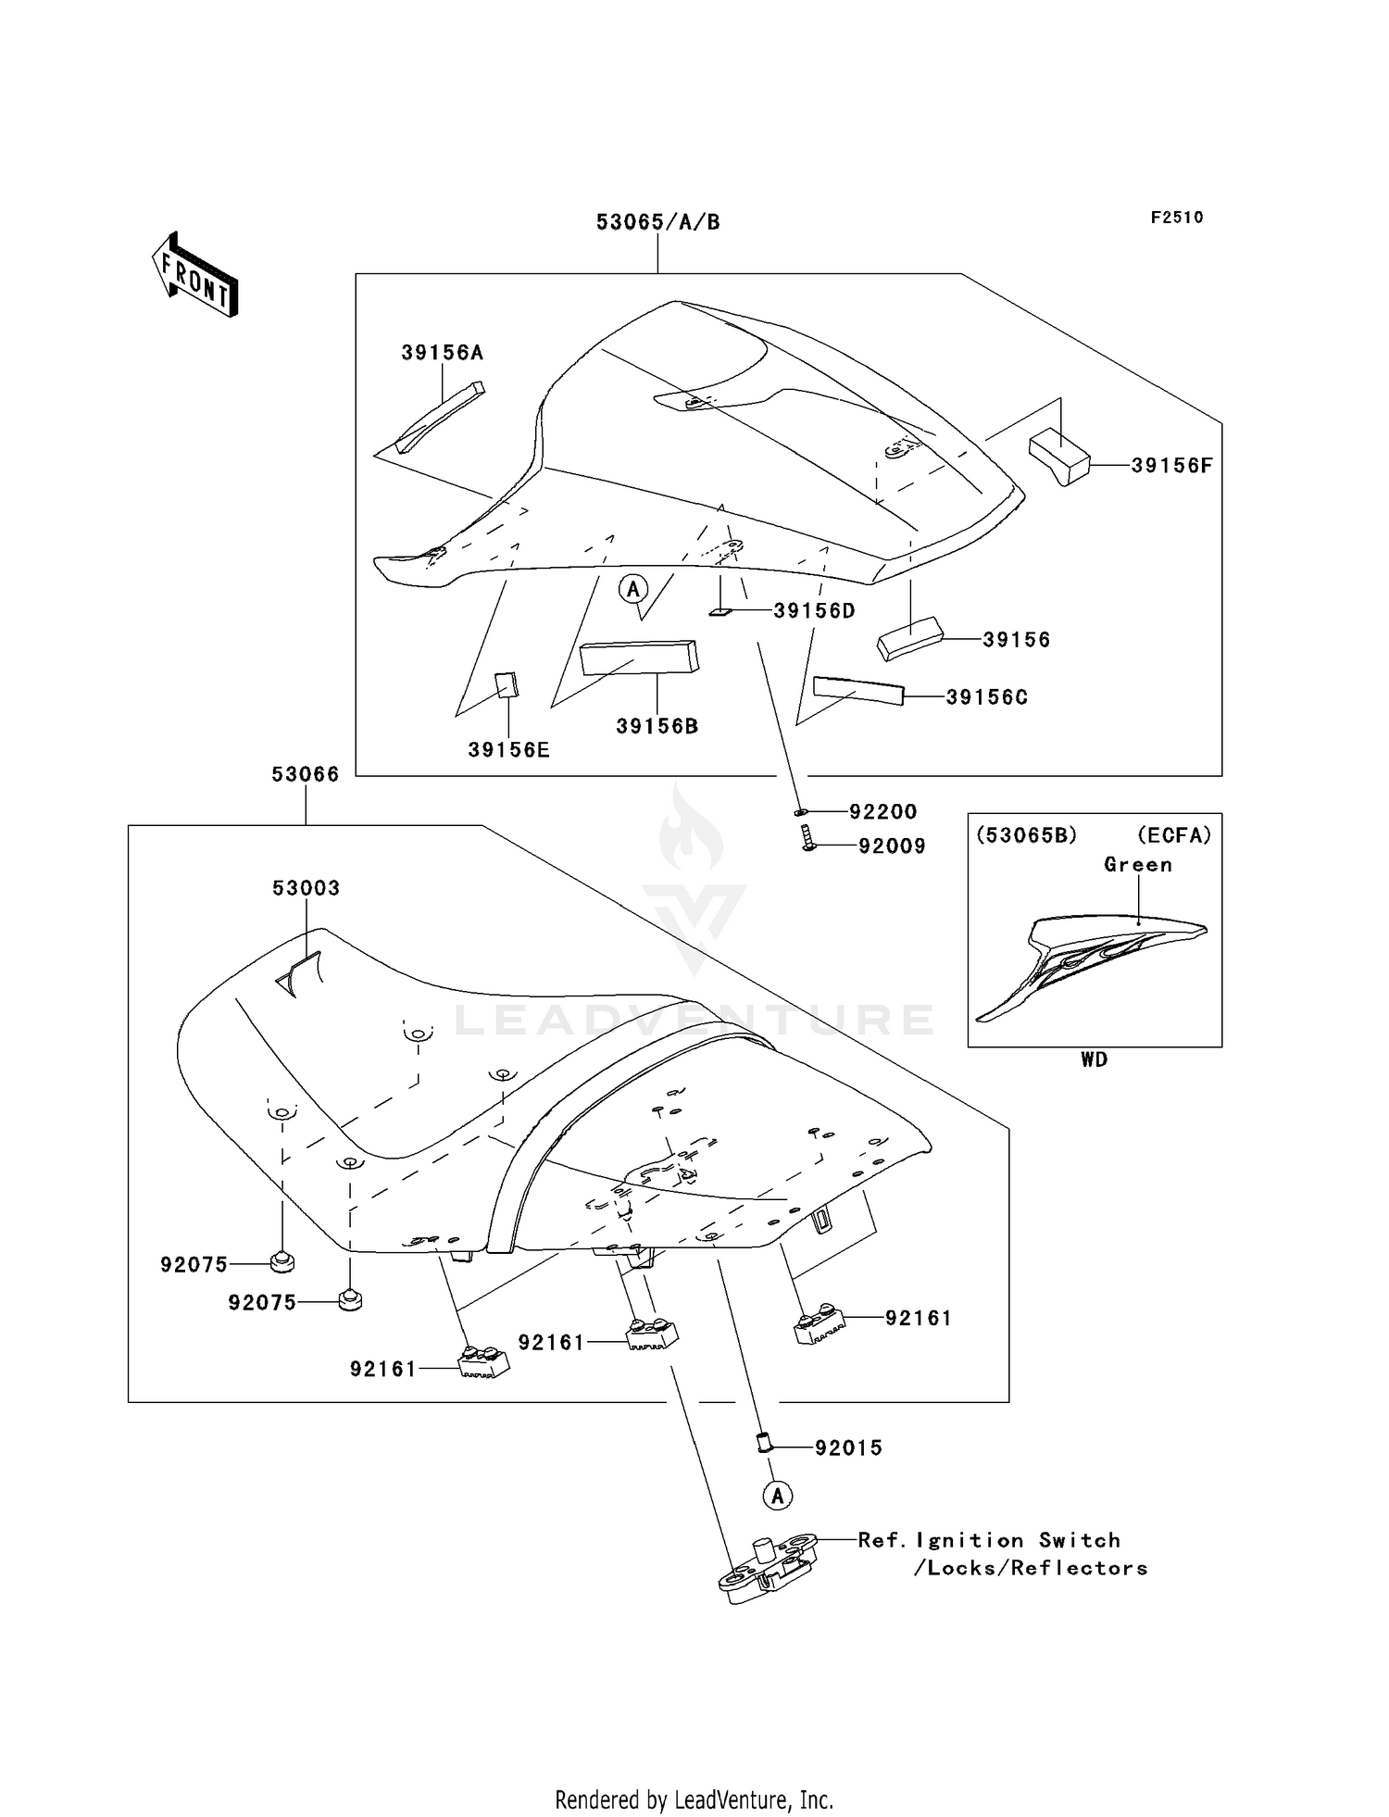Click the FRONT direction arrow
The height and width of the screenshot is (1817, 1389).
coord(195,275)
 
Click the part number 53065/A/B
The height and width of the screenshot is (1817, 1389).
coord(657,222)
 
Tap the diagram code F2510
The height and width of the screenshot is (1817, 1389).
coord(1177,218)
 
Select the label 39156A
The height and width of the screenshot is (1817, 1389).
coord(442,353)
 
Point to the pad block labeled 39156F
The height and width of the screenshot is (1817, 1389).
coord(1058,456)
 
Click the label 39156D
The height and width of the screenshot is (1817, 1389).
coord(814,611)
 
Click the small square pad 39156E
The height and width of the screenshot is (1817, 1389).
coord(507,685)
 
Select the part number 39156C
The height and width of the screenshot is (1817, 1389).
coord(986,697)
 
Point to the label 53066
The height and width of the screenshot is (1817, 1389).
coord(305,774)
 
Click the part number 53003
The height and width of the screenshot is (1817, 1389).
coord(306,888)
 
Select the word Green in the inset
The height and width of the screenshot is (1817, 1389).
coord(1138,865)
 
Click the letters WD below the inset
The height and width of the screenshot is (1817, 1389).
coord(1094,1059)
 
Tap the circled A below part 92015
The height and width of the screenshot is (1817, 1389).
coord(778,1495)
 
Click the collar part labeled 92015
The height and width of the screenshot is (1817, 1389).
coord(765,1444)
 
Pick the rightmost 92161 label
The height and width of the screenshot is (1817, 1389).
coord(918,1318)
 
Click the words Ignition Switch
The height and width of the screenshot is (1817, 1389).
coord(1018,1540)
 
